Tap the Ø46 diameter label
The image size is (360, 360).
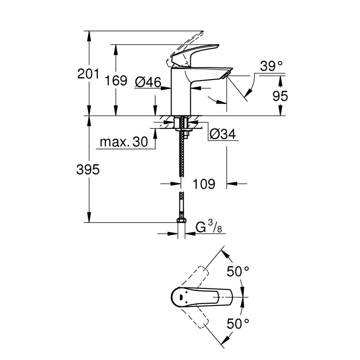(148, 82)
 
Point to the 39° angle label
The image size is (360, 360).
(271, 67)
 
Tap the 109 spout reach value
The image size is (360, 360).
(203, 184)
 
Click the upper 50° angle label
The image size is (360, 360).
(237, 271)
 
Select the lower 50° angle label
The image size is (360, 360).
(237, 323)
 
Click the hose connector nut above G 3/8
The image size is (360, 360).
(181, 220)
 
